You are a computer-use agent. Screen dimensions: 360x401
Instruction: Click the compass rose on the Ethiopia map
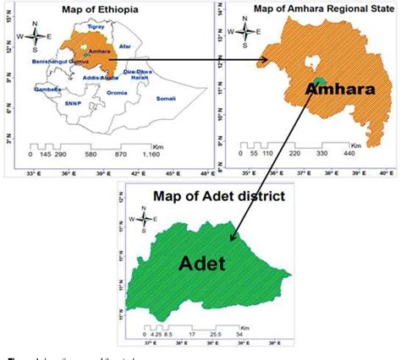click(36, 36)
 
